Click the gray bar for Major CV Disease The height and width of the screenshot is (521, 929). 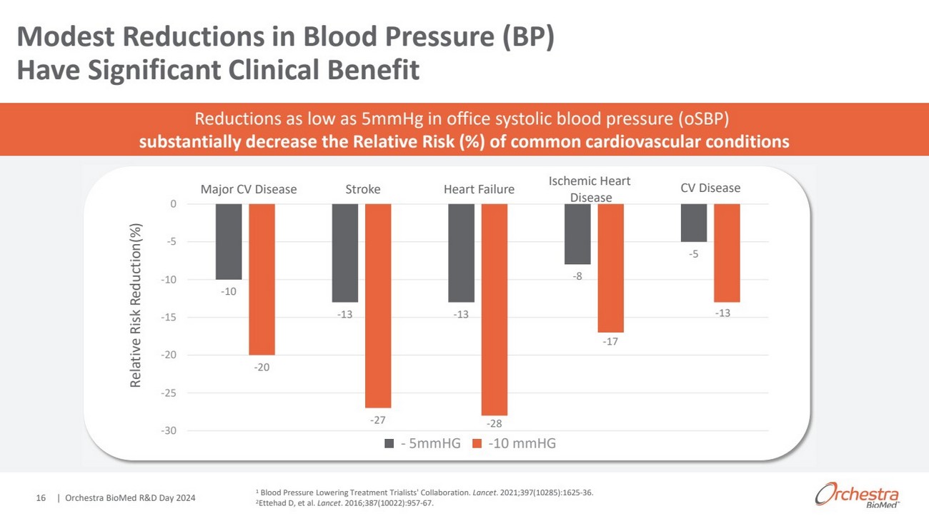pyautogui.click(x=229, y=241)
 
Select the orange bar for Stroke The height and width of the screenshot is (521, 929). pyautogui.click(x=378, y=305)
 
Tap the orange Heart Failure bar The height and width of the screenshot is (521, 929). pyautogui.click(x=495, y=309)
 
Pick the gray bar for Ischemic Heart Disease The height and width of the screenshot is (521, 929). pyautogui.click(x=577, y=234)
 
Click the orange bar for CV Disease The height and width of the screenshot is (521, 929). pyautogui.click(x=727, y=253)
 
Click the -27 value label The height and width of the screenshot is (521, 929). pyautogui.click(x=378, y=420)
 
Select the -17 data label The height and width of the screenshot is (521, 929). pyautogui.click(x=610, y=343)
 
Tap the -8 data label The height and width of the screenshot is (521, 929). pyautogui.click(x=577, y=276)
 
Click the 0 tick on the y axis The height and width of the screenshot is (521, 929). pyautogui.click(x=172, y=204)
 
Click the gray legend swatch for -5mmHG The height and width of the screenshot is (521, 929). pyautogui.click(x=389, y=444)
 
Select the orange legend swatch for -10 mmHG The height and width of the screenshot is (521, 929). pyautogui.click(x=477, y=444)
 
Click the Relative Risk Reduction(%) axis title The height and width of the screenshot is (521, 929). pyautogui.click(x=136, y=305)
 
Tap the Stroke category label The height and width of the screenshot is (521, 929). pyautogui.click(x=363, y=189)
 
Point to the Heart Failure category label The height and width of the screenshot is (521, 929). pyautogui.click(x=479, y=189)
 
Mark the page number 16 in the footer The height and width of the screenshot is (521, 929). pyautogui.click(x=41, y=497)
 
